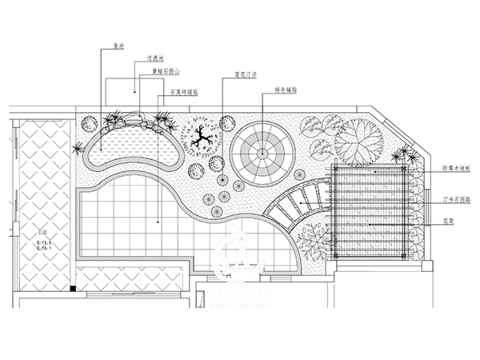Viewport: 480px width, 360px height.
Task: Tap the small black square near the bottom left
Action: (x=73, y=287)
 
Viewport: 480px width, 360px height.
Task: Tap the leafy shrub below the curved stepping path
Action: (x=314, y=241)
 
